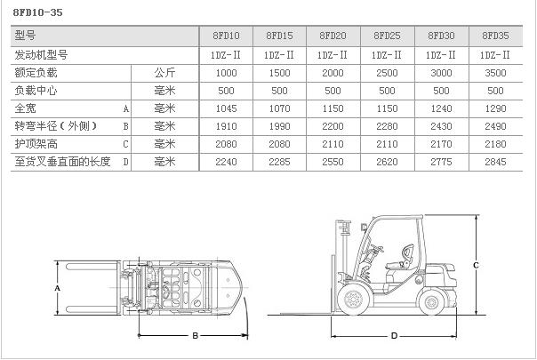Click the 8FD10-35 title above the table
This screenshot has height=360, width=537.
pos(37,12)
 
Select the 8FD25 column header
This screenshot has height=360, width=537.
pos(388,36)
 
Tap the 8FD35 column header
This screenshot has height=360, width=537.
pos(495,36)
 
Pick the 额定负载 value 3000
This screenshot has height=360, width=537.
pos(442,72)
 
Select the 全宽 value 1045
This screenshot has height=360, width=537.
pos(227,108)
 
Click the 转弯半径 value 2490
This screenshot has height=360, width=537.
pos(495,126)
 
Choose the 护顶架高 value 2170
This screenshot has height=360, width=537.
pos(442,144)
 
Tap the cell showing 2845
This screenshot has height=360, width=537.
pos(495,163)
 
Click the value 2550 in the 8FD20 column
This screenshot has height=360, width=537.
pos(334,163)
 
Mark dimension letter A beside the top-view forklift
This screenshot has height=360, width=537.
pos(57,289)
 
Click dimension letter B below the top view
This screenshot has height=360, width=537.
pos(195,335)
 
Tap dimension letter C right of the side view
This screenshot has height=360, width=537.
pos(477,265)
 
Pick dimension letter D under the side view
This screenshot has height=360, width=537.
pos(393,336)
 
